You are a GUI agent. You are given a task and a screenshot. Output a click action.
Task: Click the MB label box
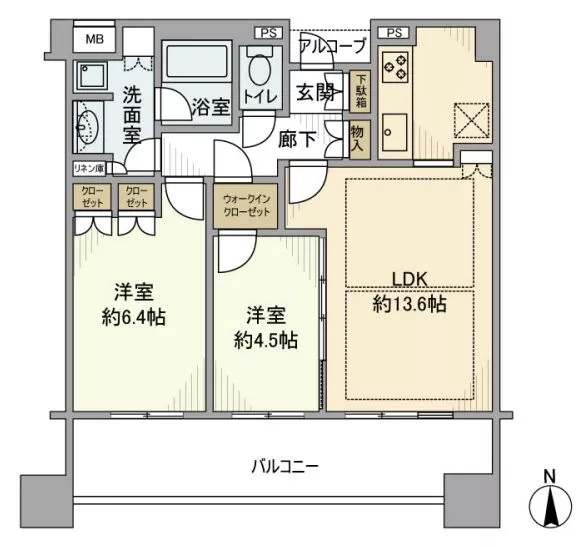(93, 39)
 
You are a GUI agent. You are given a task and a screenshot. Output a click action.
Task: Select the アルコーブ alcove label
(332, 46)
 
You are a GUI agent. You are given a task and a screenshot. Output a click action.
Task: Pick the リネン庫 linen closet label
(88, 169)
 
